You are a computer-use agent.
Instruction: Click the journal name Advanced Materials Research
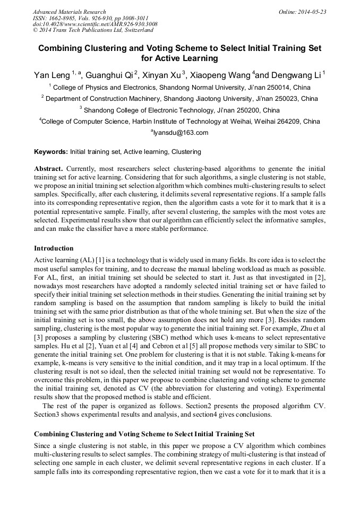(x=69, y=11)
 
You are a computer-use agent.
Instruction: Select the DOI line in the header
(x=95, y=24)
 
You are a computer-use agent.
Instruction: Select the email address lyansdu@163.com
(x=181, y=133)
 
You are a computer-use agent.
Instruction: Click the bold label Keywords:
(x=51, y=152)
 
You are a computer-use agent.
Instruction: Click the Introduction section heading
(x=54, y=248)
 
